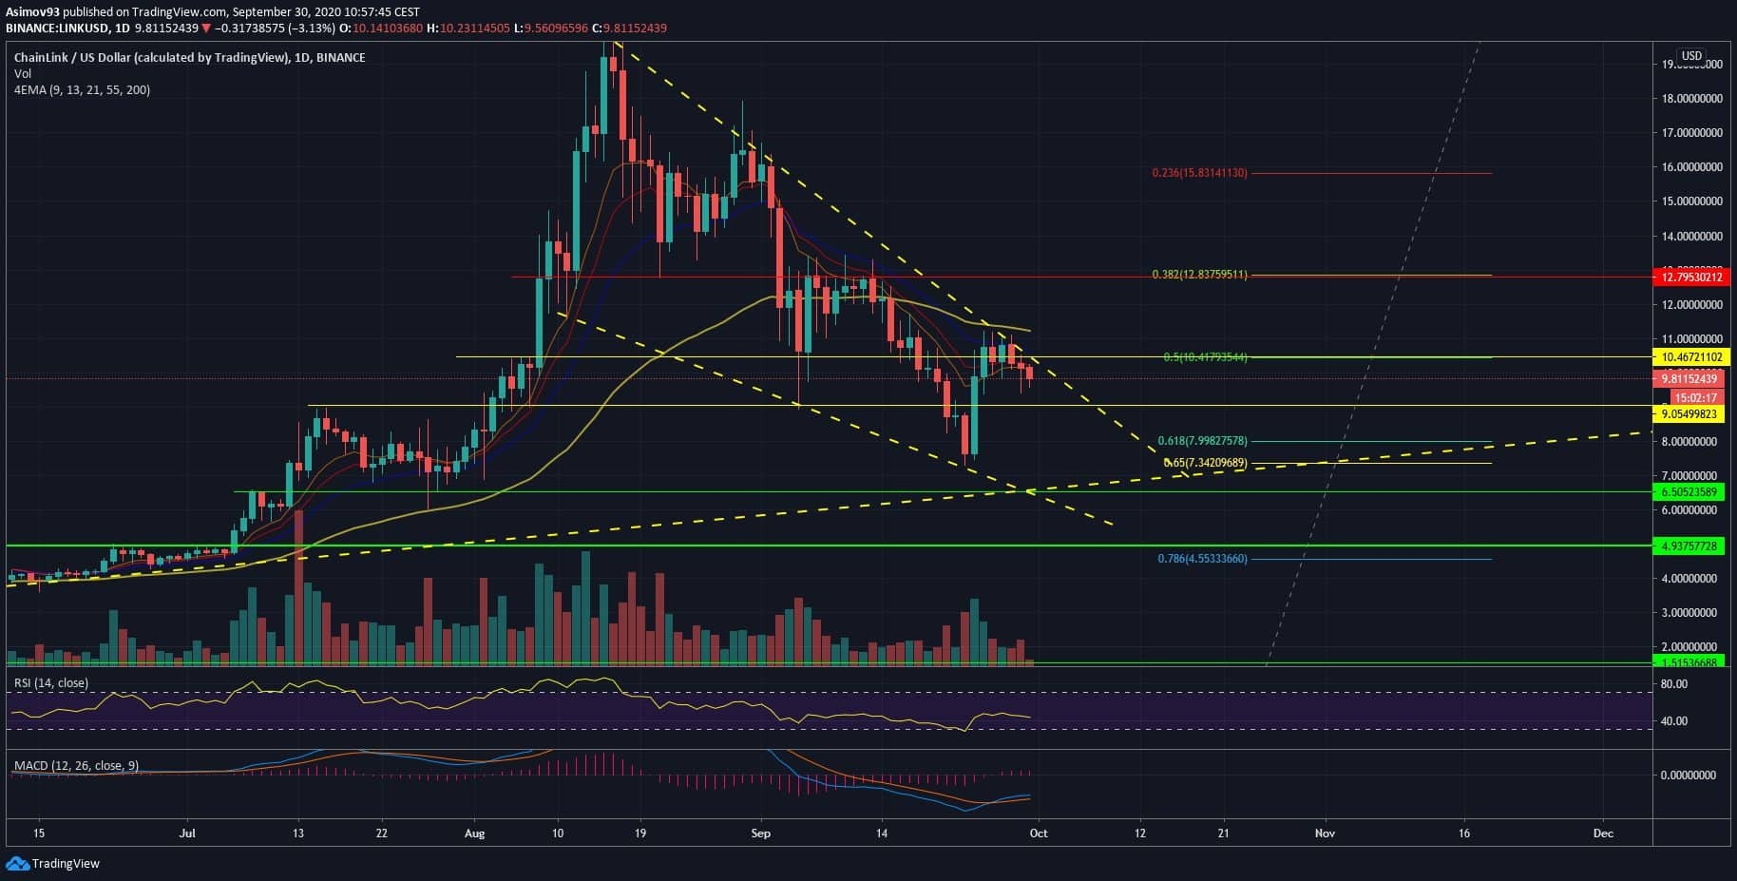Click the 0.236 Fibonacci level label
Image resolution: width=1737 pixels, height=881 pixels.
1199,173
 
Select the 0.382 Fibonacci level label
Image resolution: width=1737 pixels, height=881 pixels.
1199,275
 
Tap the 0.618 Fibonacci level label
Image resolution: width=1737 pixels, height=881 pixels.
1202,441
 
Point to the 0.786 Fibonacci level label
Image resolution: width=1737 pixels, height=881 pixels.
1202,559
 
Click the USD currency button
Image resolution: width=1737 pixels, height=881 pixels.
1691,56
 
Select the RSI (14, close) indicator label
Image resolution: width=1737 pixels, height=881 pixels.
50,683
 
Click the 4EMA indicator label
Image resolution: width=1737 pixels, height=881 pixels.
82,89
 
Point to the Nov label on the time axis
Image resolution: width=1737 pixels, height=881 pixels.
1325,833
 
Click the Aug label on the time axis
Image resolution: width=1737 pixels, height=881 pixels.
474,833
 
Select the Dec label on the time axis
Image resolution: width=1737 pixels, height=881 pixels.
1603,833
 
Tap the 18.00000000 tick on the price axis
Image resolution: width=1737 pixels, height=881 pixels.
1691,99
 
